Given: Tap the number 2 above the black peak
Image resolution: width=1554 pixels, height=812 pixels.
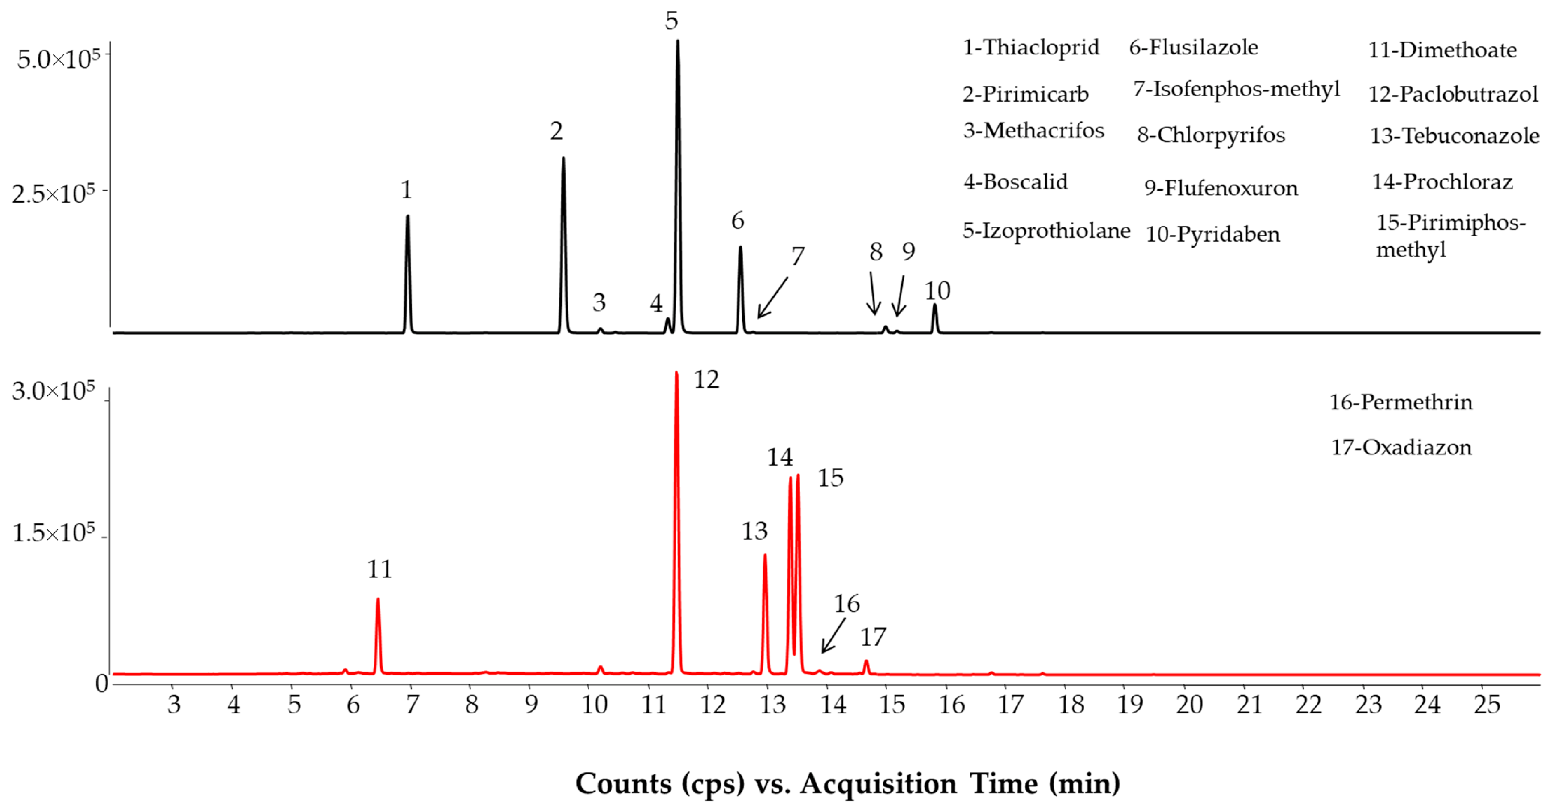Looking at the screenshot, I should point(556,131).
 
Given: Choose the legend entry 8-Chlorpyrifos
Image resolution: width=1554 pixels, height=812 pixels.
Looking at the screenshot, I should point(1211,135).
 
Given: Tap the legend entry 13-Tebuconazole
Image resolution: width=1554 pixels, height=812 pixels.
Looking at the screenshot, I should point(1454,136).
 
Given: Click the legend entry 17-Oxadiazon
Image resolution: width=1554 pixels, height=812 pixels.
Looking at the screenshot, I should point(1401,448).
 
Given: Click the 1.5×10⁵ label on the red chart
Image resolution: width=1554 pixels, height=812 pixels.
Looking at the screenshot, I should point(53,533).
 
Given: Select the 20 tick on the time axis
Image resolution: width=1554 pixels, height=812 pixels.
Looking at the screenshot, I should point(1188,705).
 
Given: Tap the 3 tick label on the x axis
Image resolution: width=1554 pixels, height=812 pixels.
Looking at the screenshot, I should point(174,705).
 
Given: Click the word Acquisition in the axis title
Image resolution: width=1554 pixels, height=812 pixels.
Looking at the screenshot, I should point(878,784).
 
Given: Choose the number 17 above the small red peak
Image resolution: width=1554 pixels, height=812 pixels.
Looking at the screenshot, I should point(872,637).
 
